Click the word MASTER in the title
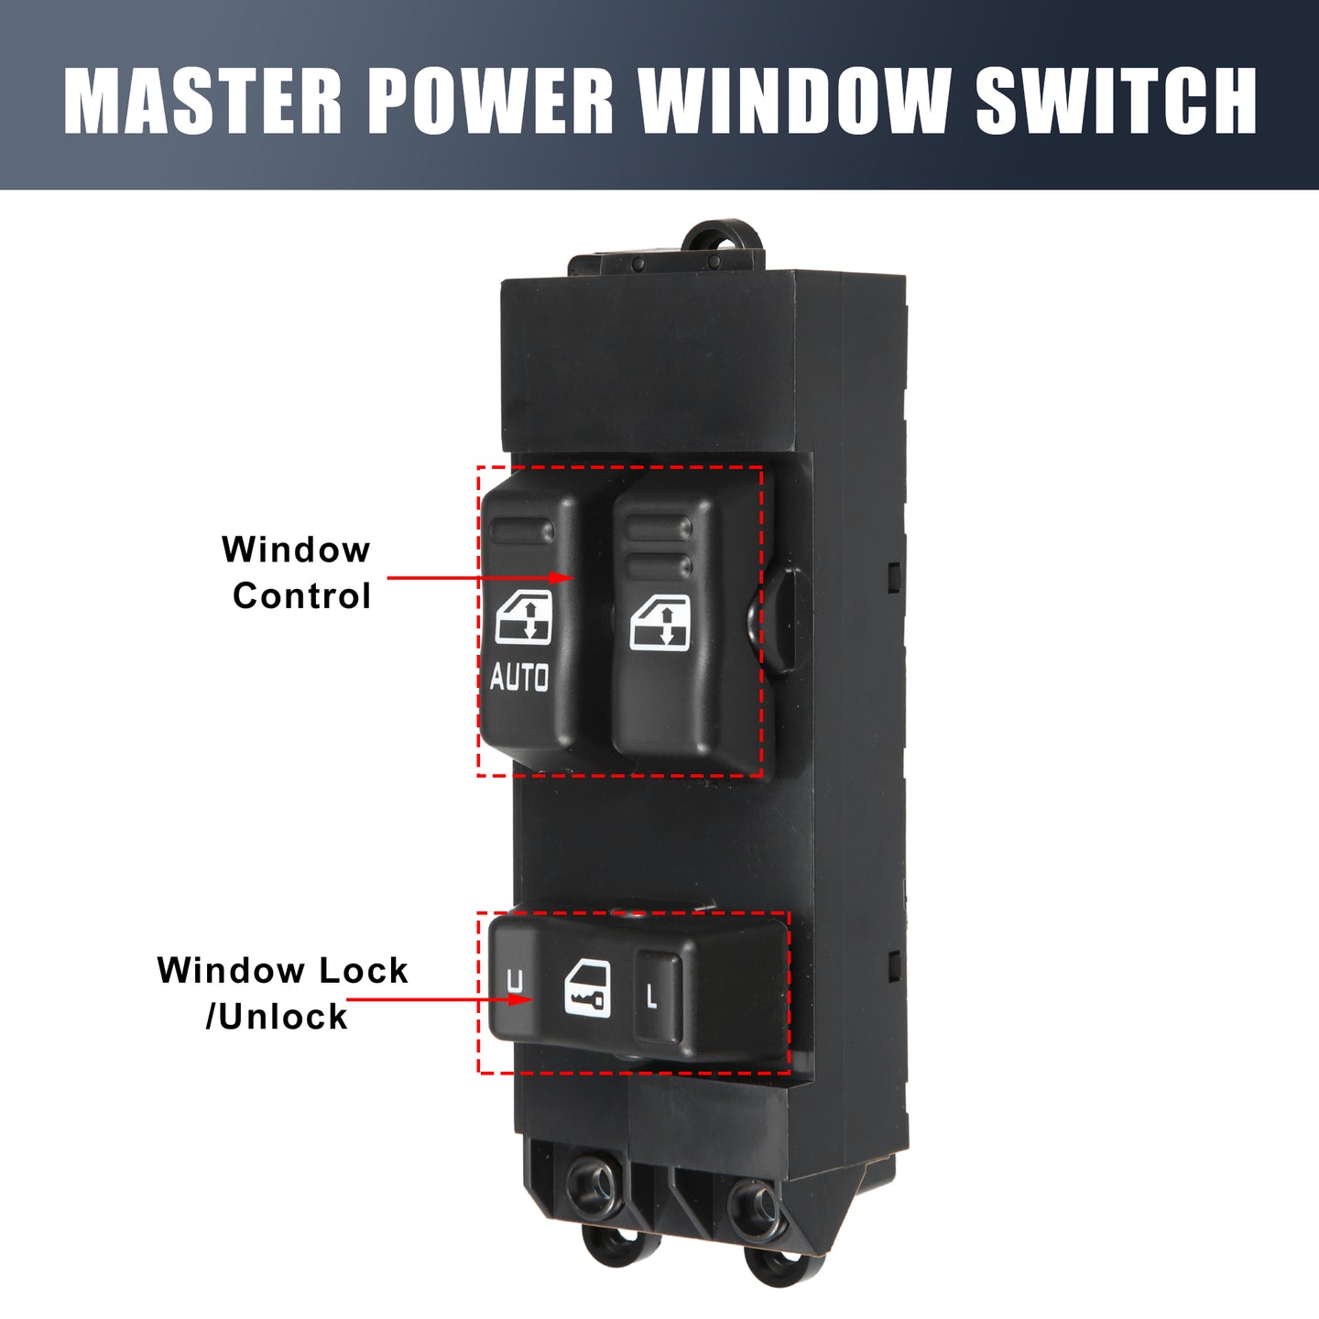click(202, 101)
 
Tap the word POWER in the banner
click(491, 101)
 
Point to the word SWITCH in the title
click(1116, 101)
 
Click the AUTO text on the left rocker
click(518, 677)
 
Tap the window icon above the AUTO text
click(524, 618)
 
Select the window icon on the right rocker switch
click(659, 622)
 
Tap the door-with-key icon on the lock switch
click(588, 989)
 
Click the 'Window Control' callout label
click(297, 572)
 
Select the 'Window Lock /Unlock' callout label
click(282, 993)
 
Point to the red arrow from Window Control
click(481, 578)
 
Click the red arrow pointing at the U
click(440, 999)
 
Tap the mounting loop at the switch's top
click(722, 237)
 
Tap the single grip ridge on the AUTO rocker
click(522, 531)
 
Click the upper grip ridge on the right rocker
click(659, 528)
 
